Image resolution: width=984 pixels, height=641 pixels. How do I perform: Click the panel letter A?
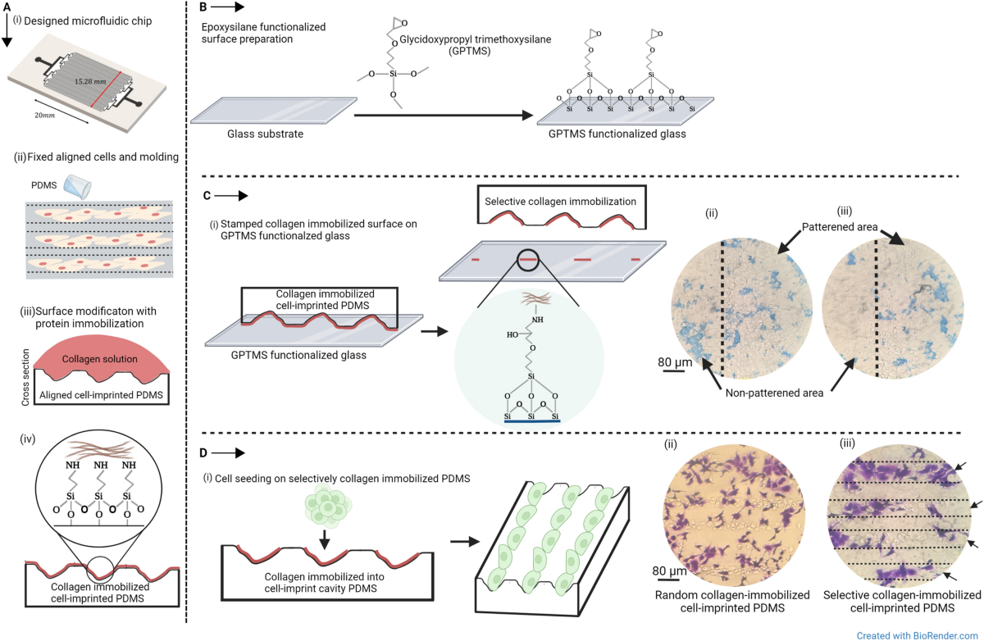[x=7, y=7]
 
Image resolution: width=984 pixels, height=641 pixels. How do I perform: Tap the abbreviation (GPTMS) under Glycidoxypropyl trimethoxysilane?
[x=472, y=51]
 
